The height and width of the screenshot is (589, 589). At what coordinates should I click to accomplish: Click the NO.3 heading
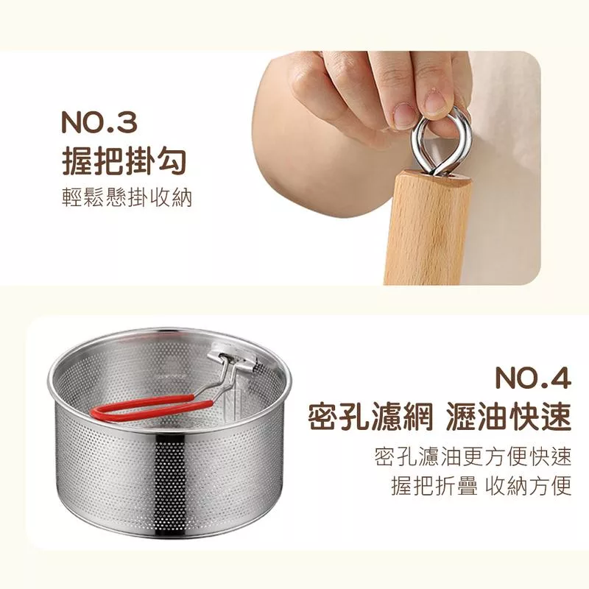tap(99, 121)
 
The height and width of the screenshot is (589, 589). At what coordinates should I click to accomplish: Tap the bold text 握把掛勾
tap(124, 162)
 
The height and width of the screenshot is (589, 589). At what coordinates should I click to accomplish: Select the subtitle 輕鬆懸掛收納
tap(127, 197)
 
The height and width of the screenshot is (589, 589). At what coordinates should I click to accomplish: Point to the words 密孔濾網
tap(370, 417)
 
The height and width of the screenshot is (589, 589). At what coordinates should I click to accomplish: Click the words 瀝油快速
tap(509, 417)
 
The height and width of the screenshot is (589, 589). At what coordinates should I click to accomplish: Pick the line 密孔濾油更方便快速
tap(473, 456)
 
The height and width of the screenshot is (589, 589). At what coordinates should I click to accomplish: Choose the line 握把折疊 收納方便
tap(482, 486)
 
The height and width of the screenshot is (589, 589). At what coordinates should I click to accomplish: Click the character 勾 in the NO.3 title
tap(171, 162)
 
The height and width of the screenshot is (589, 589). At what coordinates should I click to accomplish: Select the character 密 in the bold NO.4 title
tap(323, 417)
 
